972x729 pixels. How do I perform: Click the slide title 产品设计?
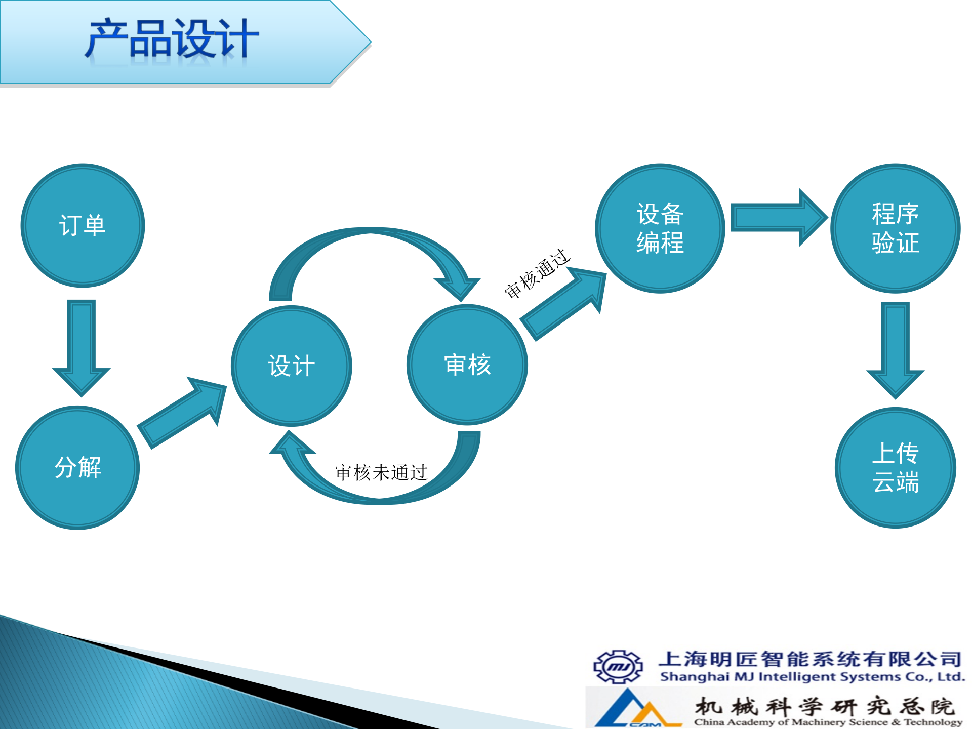172,39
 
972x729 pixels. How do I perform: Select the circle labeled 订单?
83,225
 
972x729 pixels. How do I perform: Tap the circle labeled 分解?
77,467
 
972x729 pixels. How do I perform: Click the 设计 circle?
291,366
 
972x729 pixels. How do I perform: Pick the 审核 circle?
467,364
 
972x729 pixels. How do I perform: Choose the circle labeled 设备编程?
660,228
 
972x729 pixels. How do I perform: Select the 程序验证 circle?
895,228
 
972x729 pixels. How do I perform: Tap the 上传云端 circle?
895,467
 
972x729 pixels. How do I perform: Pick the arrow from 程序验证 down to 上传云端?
895,349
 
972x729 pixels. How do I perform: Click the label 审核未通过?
381,472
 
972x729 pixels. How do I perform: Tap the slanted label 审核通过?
537,273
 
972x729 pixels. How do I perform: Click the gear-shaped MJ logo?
618,667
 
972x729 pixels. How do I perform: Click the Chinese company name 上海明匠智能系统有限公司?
810,659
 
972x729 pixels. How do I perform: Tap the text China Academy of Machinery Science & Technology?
828,722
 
